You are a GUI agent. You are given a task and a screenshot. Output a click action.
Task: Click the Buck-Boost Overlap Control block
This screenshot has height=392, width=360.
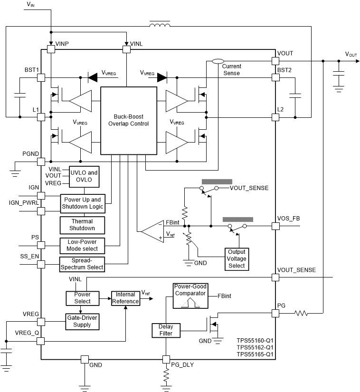coord(128,120)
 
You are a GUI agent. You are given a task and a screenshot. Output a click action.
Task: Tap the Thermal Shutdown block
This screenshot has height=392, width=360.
coord(82,225)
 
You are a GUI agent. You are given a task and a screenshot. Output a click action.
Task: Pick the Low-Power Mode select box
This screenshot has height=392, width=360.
coord(82,245)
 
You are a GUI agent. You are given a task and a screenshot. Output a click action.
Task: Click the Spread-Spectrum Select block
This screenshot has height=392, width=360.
coord(82,264)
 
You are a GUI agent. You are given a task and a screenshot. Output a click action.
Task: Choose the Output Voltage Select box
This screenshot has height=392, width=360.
coord(237,258)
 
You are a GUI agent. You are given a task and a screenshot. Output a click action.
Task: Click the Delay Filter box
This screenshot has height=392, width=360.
coord(163,330)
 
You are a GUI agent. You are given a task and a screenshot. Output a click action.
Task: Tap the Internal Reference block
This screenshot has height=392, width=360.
coord(125,298)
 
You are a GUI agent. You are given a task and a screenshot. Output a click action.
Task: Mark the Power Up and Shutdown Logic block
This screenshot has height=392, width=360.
coord(82,203)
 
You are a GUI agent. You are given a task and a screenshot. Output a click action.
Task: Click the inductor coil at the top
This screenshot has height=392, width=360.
coord(161,25)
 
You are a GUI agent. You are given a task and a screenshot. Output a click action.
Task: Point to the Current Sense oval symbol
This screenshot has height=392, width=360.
coord(218,61)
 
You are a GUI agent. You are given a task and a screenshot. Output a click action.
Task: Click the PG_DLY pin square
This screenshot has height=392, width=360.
coord(166,358)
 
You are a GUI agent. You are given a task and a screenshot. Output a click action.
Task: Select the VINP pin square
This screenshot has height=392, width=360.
coord(50,48)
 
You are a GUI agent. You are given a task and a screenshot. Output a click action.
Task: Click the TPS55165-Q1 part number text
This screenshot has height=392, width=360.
coord(255,354)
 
